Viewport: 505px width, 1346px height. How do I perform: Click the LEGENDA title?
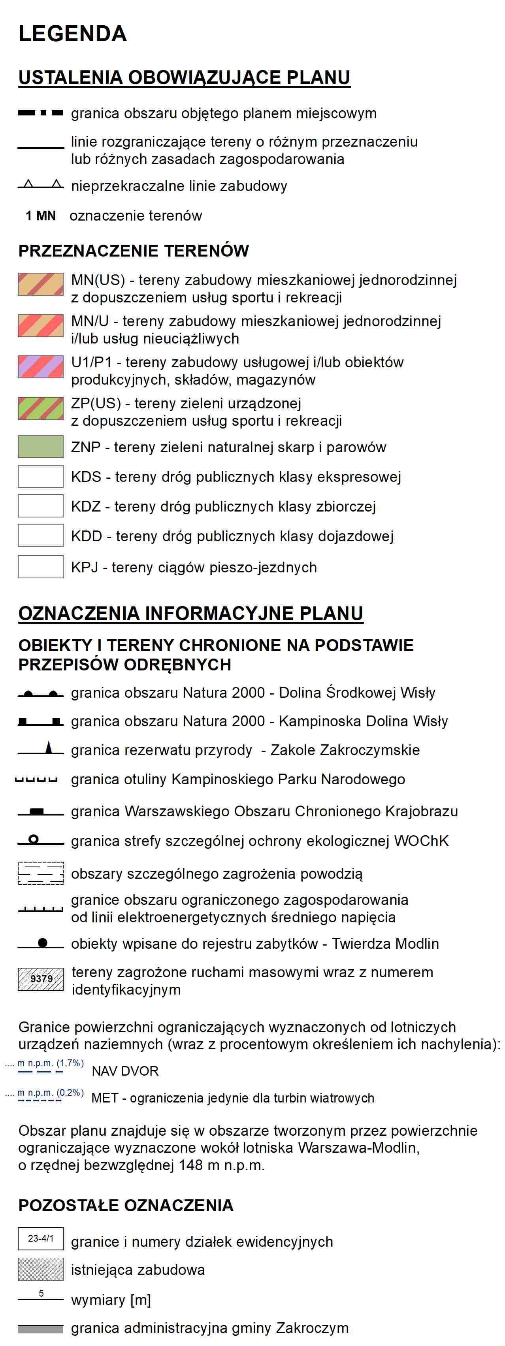73,34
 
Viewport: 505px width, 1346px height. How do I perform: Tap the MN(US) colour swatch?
41,284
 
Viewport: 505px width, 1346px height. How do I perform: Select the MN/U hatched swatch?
41,325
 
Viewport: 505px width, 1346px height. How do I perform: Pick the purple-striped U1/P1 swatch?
41,367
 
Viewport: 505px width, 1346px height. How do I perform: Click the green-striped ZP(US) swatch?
41,408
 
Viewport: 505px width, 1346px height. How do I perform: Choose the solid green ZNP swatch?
41,447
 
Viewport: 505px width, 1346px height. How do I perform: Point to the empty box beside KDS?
41,476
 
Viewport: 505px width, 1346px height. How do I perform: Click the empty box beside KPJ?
41,567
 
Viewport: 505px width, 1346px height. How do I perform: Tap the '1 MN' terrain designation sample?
41,216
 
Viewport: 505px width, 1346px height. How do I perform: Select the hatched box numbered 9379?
41,979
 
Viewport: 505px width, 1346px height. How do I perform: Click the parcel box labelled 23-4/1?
41,1238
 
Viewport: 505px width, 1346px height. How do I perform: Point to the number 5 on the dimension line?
41,1293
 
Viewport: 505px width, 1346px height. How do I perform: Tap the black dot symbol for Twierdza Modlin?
43,943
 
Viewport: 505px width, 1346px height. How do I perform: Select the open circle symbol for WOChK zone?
34,839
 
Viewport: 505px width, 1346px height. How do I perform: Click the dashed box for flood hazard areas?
41,873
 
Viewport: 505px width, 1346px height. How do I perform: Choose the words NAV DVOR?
125,1071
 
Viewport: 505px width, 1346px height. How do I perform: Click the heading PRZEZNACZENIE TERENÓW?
134,251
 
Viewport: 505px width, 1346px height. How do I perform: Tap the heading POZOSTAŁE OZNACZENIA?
126,1205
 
